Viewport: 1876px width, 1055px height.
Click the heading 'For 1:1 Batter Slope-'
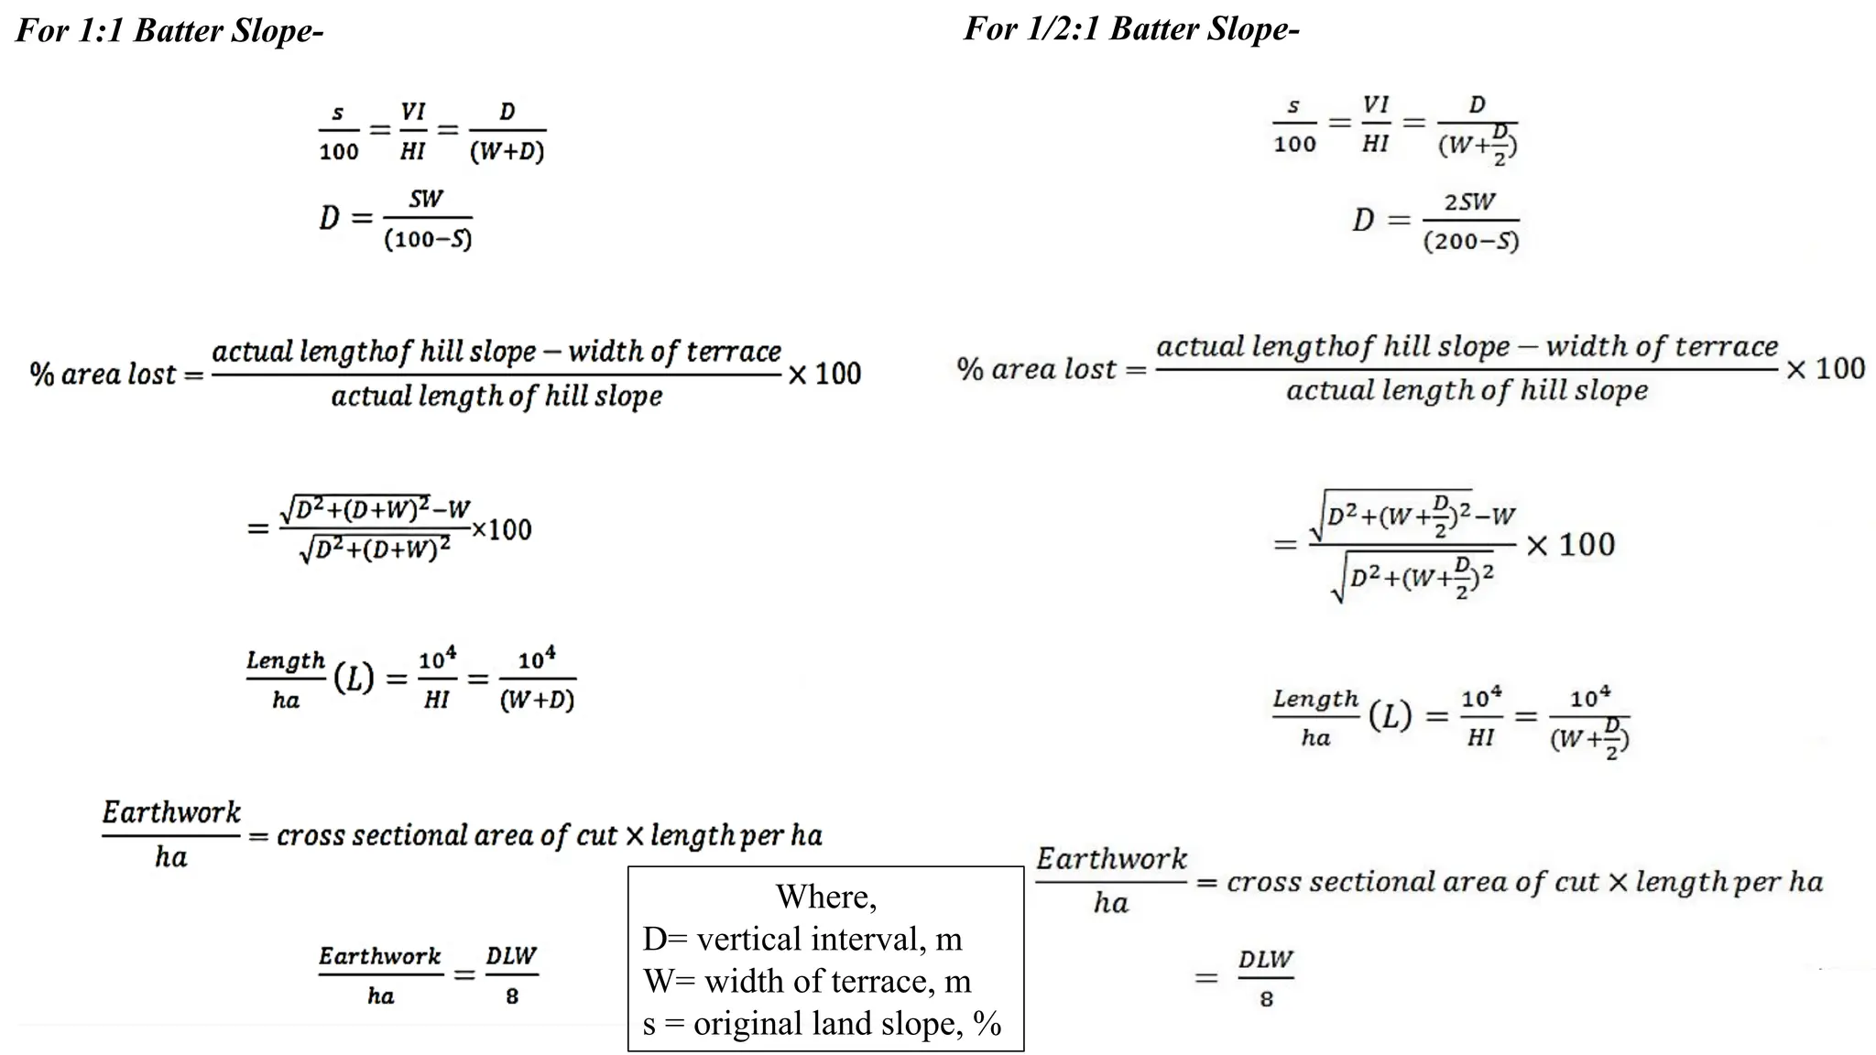click(169, 31)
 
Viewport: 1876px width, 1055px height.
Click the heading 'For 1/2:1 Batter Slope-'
click(1131, 29)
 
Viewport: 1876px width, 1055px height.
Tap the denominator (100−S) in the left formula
click(428, 240)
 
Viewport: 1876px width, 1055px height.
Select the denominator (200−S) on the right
click(1471, 242)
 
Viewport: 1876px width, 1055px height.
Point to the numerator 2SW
click(1469, 201)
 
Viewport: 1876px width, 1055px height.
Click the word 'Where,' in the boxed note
click(826, 896)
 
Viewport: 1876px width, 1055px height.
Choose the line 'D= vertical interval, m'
click(802, 939)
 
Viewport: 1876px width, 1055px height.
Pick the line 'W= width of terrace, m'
click(807, 981)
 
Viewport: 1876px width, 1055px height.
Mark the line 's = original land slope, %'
click(822, 1023)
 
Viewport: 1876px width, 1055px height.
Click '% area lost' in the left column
click(103, 375)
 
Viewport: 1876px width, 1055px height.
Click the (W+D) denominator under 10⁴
click(537, 701)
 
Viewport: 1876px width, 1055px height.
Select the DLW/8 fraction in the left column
click(511, 975)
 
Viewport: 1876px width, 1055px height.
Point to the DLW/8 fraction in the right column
click(1265, 978)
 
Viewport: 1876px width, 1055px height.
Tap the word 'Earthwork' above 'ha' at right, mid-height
click(1111, 859)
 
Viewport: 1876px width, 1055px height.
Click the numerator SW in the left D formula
click(426, 200)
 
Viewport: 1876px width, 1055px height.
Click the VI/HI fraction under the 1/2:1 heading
click(1375, 125)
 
